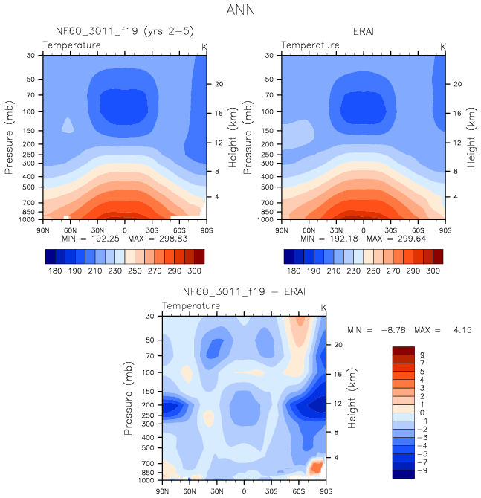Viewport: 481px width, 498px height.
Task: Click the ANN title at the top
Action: click(241, 10)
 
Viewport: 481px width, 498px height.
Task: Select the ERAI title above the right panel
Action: click(364, 31)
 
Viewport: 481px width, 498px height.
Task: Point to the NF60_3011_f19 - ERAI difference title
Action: click(243, 291)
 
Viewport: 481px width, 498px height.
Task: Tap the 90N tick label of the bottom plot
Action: click(163, 491)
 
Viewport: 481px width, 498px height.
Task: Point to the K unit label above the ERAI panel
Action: click(443, 47)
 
